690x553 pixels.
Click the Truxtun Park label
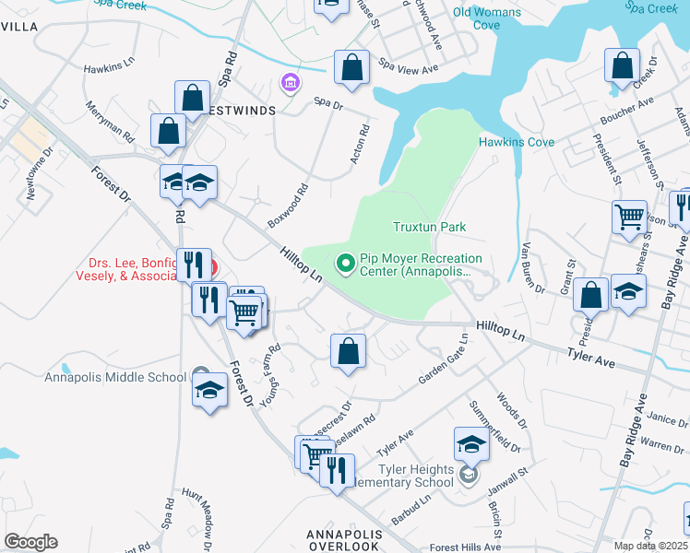(x=429, y=227)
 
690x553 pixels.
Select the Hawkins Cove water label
(x=516, y=142)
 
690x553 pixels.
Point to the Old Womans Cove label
(x=487, y=18)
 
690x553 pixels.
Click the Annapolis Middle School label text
(x=115, y=377)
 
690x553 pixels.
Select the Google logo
(x=30, y=542)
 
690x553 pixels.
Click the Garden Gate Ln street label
(x=444, y=359)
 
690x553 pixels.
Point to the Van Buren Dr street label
(x=534, y=268)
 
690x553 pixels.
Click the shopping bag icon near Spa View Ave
(x=351, y=66)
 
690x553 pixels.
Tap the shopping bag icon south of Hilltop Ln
(x=348, y=351)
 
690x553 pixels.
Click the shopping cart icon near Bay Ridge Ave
(x=630, y=218)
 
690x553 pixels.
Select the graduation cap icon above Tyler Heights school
(x=471, y=444)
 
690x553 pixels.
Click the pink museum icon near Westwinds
(x=290, y=85)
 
